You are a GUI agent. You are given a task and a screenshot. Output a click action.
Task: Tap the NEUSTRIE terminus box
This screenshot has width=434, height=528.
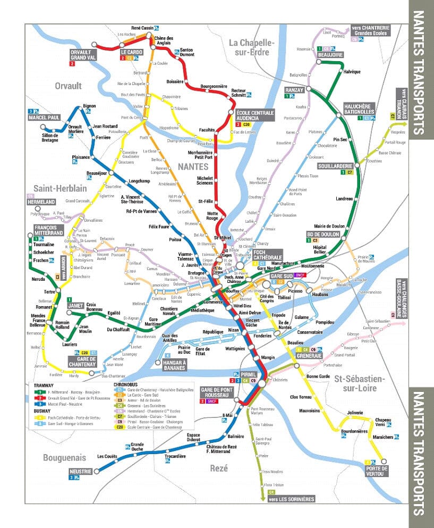click(81, 471)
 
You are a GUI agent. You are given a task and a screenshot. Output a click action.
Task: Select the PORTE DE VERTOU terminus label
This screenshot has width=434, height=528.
click(377, 471)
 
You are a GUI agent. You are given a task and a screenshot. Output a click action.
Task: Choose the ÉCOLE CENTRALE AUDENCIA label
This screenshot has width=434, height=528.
click(251, 116)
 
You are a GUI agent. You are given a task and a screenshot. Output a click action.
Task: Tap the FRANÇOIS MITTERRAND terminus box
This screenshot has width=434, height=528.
click(49, 230)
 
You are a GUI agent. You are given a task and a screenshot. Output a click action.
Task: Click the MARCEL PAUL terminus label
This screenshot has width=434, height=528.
click(45, 118)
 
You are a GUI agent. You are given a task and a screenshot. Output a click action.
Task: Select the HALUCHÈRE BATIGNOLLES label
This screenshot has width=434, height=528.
click(359, 108)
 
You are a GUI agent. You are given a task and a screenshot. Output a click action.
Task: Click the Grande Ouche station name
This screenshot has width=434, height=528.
click(137, 447)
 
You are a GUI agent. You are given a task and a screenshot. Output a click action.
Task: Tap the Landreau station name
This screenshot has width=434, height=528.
click(344, 199)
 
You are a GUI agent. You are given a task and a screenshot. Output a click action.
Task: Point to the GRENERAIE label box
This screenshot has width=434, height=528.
click(309, 355)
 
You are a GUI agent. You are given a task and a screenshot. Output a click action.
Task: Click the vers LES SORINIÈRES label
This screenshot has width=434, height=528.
click(291, 499)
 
